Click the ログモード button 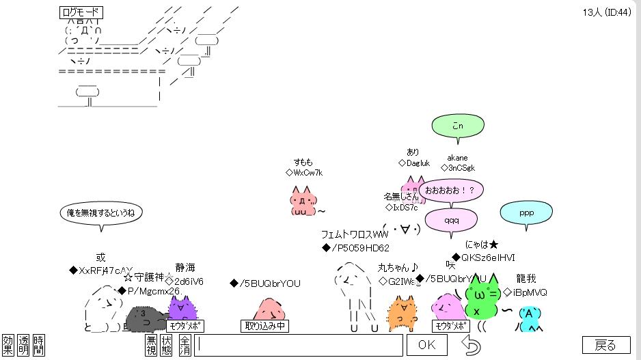pos(81,12)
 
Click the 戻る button pos(605,345)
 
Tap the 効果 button pos(8,345)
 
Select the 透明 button pos(24,345)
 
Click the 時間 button pos(39,345)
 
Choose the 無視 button pos(151,345)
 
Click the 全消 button pos(185,345)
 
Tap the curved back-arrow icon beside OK pos(471,345)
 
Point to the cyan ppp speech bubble pos(526,213)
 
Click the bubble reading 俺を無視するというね pos(100,213)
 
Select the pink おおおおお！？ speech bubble pos(450,189)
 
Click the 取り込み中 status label pos(264,326)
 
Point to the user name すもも pos(303,163)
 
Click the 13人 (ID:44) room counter pos(606,12)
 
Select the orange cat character pos(403,314)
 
